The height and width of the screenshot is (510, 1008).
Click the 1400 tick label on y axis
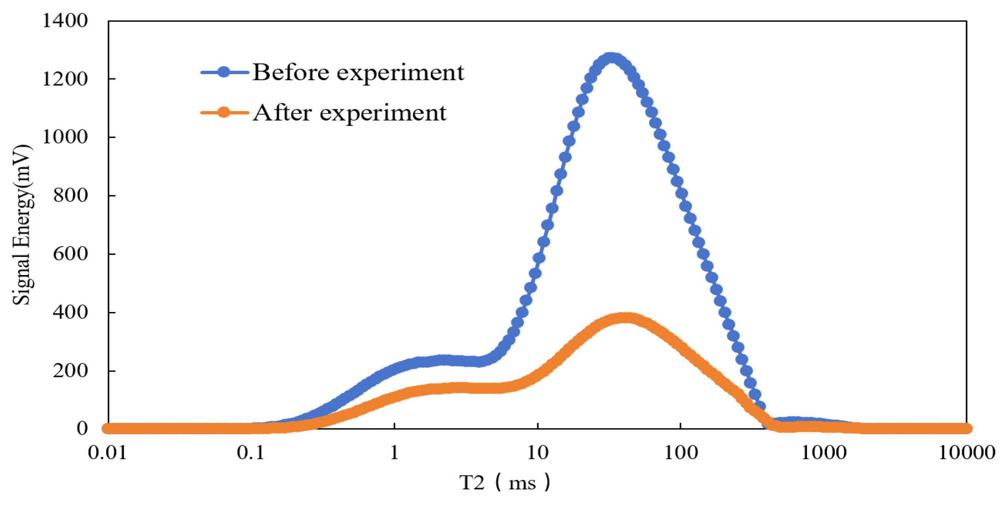(65, 21)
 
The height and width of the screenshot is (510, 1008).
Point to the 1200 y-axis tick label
(65, 79)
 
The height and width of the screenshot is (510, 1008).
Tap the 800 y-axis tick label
(70, 196)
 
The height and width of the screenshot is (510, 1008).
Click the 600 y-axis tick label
(70, 254)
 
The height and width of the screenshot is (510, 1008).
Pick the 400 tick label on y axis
(70, 312)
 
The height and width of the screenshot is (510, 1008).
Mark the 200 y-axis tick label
(70, 371)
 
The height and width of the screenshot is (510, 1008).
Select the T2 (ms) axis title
(505, 483)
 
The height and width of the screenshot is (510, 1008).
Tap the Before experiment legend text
(358, 73)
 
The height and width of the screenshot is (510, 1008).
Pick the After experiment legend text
(349, 113)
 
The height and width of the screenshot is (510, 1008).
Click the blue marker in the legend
(224, 73)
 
